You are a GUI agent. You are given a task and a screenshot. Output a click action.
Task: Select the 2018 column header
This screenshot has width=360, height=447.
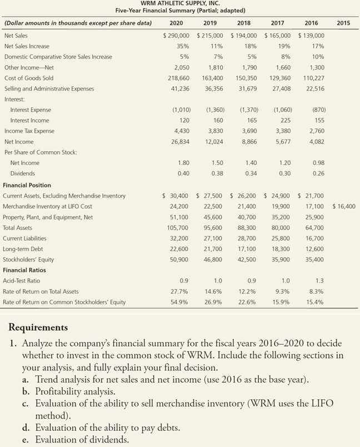243,23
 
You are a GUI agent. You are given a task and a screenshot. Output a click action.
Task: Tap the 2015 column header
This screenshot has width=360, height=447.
343,23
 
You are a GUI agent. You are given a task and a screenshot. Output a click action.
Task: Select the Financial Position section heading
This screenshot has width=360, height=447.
27,185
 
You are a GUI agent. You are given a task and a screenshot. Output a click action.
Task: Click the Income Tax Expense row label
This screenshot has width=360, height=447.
29,131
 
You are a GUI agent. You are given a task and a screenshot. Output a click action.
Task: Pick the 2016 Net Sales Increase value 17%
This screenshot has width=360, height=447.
317,46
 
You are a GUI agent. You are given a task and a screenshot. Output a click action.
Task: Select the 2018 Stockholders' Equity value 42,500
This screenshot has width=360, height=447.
246,259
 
